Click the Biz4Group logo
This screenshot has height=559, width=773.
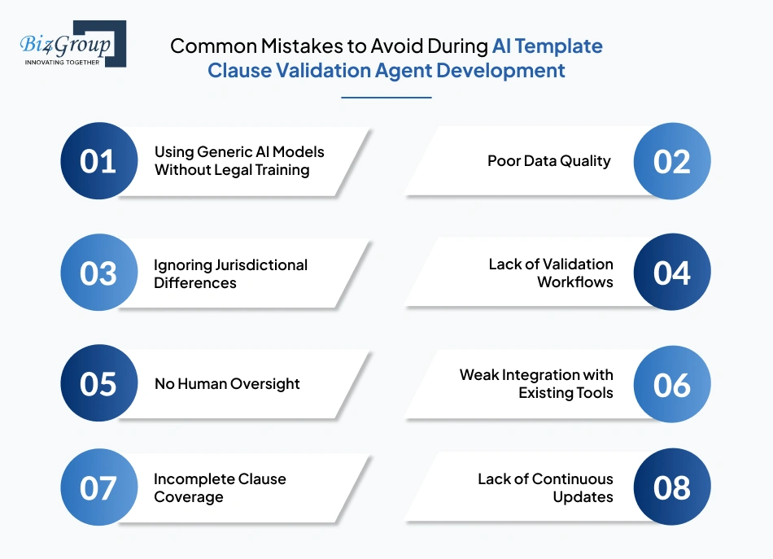[72, 44]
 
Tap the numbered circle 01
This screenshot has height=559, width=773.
[98, 161]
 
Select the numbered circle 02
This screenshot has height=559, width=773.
[672, 161]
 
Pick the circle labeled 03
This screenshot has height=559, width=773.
[98, 273]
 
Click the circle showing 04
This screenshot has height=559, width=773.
[672, 273]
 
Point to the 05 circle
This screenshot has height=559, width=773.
[98, 384]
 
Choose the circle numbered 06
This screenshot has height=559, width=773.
[672, 384]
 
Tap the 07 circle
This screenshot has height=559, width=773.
[98, 487]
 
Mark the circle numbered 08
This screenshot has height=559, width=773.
[672, 487]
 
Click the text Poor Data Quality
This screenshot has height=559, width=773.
[548, 161]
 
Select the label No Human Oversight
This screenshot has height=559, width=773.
[227, 384]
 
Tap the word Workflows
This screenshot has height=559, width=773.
[574, 282]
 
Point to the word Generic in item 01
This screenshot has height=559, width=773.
[219, 152]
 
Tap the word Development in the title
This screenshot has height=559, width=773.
[500, 71]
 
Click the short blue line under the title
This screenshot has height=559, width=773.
[386, 98]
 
